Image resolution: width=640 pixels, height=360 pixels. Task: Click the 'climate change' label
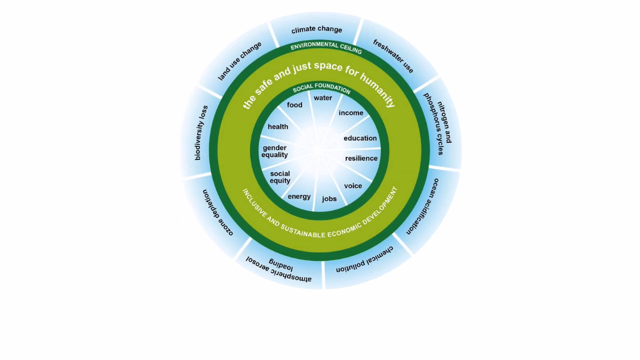[x=316, y=29]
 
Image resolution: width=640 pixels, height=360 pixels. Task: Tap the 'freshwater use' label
[x=393, y=56]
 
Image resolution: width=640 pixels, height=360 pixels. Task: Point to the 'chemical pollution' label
[x=364, y=259]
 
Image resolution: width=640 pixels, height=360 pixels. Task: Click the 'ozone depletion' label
[x=218, y=212]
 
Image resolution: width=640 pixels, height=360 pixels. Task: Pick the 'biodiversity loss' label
[x=200, y=133]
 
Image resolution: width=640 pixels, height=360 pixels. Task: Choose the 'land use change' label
[x=240, y=61]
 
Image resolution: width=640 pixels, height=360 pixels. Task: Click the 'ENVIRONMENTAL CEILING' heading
[x=326, y=47]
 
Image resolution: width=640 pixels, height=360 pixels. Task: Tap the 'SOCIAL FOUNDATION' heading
[x=321, y=88]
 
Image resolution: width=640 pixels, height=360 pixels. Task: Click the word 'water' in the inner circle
[x=322, y=98]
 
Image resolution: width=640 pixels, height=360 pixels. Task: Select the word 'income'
[x=351, y=113]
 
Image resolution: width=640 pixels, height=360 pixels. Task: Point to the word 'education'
[x=360, y=138]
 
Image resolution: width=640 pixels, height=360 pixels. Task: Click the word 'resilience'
[x=361, y=158]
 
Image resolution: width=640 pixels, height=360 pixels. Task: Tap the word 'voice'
[x=353, y=186]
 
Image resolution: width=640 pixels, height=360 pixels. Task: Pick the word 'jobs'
[x=329, y=199]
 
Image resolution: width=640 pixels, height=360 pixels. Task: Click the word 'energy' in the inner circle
[x=299, y=196]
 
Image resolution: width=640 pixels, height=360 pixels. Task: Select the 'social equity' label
[x=280, y=177]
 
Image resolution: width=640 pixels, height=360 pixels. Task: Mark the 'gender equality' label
[x=274, y=151]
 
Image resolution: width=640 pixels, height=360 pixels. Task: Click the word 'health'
[x=278, y=127]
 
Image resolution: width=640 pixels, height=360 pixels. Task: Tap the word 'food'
[x=294, y=105]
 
